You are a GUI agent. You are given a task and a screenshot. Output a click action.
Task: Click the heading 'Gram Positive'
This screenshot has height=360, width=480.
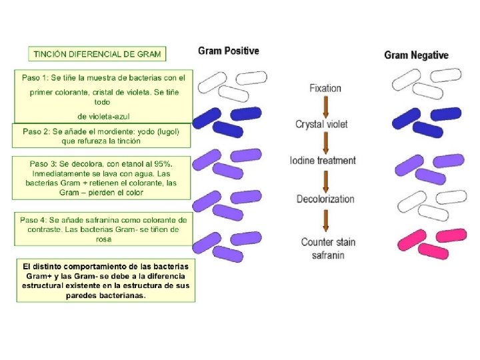229,51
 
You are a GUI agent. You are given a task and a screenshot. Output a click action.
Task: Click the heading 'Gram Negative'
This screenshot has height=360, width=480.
416,55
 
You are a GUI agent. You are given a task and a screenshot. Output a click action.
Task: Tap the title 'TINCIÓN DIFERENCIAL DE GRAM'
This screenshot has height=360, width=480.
97,53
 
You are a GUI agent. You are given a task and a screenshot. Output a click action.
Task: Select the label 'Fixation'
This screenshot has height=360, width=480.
325,88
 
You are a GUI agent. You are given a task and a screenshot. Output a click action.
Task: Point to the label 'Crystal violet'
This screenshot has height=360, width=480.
321,124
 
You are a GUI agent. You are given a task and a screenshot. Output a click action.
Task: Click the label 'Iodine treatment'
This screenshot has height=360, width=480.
323,161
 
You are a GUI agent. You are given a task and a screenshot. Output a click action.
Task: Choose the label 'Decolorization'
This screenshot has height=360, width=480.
325,199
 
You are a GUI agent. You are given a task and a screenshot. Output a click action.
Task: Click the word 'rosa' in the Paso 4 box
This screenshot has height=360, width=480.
103,239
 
